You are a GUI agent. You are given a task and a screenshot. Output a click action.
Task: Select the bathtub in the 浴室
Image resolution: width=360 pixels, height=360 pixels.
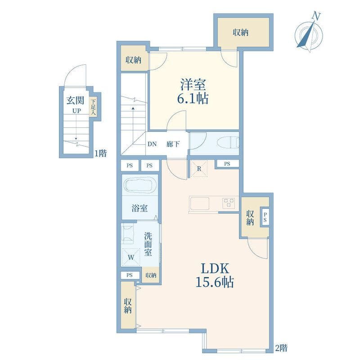point(139,184)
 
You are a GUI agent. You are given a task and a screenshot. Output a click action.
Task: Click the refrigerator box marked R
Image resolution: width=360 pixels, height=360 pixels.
point(199,169)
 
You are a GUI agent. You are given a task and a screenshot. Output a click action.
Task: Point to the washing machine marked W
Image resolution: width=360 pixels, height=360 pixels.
point(131,257)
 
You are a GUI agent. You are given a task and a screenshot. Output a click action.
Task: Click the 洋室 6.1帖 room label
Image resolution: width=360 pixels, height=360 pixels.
point(193,91)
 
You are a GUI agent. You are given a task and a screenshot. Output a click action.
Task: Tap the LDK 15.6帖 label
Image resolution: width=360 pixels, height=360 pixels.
point(215,275)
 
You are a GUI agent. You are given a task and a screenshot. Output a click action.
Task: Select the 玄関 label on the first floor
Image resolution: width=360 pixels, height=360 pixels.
point(75,100)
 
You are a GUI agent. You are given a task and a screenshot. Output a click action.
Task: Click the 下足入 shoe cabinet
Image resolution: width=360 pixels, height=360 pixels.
point(93,107)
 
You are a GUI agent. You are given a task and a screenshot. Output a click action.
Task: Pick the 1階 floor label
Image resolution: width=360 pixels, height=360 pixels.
point(101,153)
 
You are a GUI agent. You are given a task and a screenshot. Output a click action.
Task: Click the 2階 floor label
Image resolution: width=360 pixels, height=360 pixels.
point(281,348)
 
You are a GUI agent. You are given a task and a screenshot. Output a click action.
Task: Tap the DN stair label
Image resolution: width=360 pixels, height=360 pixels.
point(152,144)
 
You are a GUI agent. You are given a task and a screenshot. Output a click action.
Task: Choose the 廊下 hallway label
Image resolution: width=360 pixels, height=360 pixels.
point(173,144)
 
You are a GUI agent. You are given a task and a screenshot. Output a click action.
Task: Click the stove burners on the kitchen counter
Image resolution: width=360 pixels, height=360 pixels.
point(229,203)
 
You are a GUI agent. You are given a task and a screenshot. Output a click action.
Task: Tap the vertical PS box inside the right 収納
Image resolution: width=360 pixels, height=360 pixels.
point(265,217)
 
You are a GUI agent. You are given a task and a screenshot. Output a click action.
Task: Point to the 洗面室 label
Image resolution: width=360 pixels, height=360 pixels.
point(148,244)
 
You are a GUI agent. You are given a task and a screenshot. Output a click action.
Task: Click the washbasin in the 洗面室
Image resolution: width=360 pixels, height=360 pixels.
point(127,234)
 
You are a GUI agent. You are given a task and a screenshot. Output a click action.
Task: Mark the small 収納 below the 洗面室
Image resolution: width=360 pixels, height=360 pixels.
point(151,275)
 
